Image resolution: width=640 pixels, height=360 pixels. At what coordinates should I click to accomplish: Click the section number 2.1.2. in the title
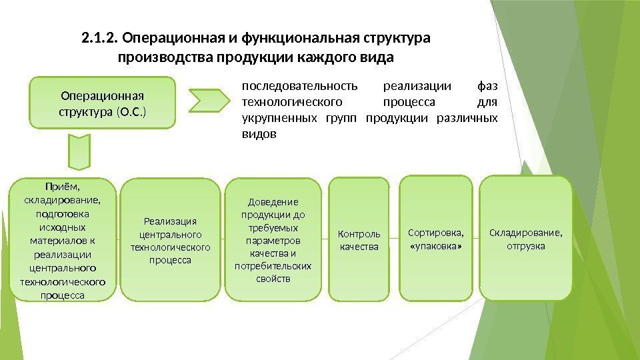[x=100, y=37]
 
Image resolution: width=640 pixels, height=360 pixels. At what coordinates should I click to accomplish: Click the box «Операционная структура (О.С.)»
[x=102, y=103]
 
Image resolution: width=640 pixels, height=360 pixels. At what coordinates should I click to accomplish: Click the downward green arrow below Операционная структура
[x=79, y=153]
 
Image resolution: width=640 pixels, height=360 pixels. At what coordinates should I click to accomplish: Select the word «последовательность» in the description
[x=299, y=86]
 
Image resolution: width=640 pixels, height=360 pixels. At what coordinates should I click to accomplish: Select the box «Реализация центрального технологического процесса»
[x=171, y=240]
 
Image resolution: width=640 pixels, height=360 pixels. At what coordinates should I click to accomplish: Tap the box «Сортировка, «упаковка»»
[x=435, y=239]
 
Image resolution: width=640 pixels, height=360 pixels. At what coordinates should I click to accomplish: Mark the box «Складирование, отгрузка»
[x=525, y=239]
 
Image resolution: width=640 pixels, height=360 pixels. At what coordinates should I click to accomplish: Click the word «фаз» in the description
[x=488, y=86]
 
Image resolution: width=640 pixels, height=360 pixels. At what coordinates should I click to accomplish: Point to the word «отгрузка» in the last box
[x=525, y=246]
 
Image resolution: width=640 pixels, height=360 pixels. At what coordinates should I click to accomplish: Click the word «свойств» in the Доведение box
[x=273, y=278]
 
